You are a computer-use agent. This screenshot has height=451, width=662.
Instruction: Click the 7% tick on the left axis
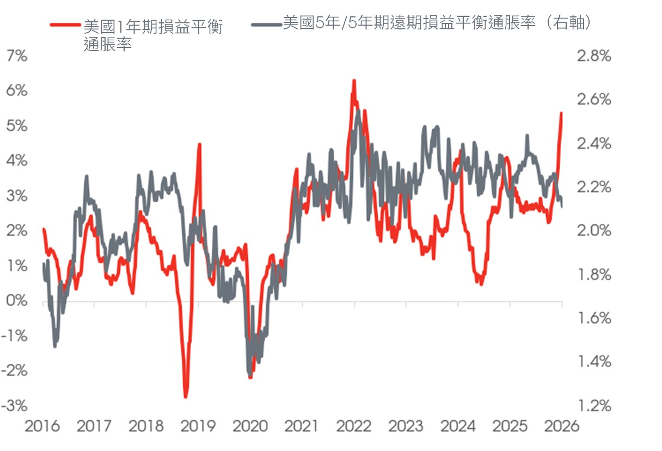click(x=17, y=56)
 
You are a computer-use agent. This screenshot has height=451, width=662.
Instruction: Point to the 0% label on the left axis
click(x=17, y=301)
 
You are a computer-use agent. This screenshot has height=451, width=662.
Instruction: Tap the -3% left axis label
click(x=14, y=406)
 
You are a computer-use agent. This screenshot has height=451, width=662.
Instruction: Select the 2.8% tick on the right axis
click(x=594, y=56)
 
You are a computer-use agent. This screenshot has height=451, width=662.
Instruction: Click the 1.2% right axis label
click(x=594, y=406)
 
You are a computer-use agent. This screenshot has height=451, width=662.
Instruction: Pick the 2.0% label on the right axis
click(x=594, y=230)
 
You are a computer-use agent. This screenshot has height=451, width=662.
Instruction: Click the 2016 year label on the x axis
click(x=42, y=426)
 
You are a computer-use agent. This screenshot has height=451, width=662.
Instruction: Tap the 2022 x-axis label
click(x=354, y=426)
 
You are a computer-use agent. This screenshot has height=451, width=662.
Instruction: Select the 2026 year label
click(x=562, y=426)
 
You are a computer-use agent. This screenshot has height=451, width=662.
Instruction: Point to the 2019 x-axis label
click(x=198, y=426)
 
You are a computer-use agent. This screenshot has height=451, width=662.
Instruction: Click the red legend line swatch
click(x=65, y=25)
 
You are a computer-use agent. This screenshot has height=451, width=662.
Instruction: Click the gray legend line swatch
click(x=266, y=25)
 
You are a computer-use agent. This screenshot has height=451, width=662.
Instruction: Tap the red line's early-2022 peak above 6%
click(x=354, y=81)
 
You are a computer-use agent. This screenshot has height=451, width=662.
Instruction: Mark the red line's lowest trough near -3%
click(x=186, y=397)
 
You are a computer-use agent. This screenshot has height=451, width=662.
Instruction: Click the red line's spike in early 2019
click(x=200, y=144)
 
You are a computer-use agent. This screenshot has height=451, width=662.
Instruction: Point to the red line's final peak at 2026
click(x=561, y=113)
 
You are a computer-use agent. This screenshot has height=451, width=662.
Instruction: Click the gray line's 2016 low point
click(x=55, y=346)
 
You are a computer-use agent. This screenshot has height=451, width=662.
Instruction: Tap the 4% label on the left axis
click(x=17, y=161)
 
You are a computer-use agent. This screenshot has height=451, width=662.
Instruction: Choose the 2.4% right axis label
click(x=594, y=144)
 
